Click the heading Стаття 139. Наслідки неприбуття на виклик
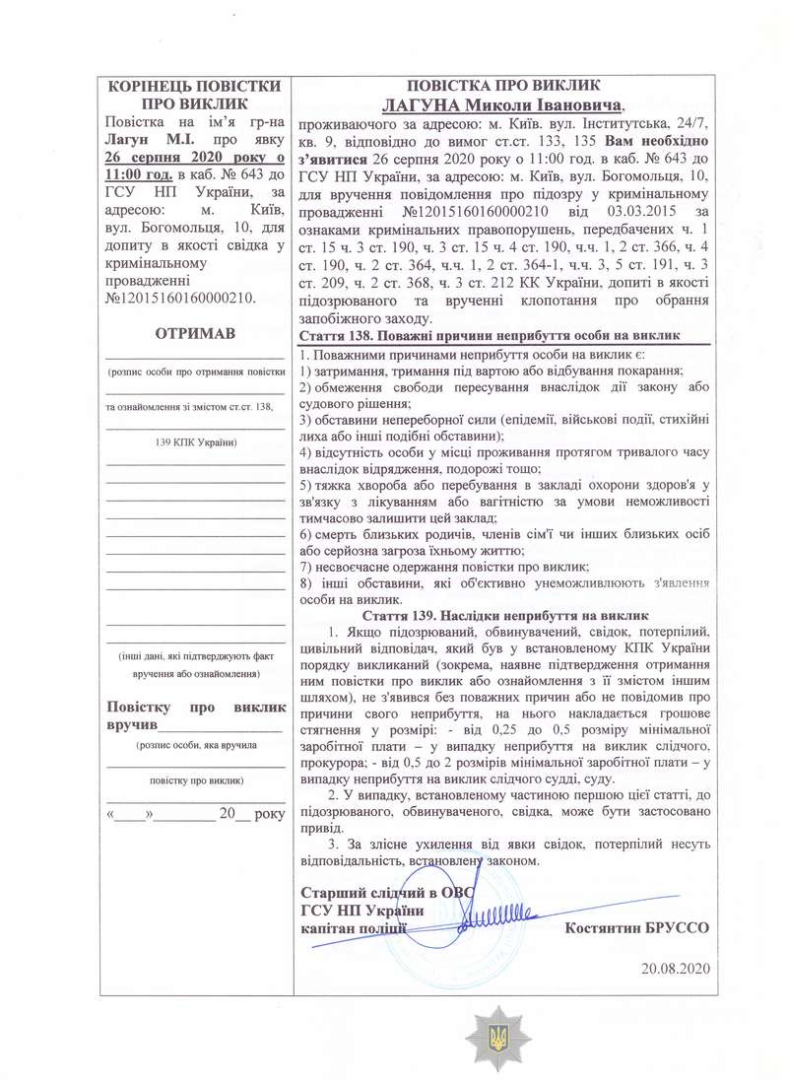click(503, 614)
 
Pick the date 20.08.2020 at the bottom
click(675, 968)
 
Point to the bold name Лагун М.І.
click(143, 141)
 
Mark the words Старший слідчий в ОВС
click(387, 893)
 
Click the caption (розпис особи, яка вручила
click(195, 746)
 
